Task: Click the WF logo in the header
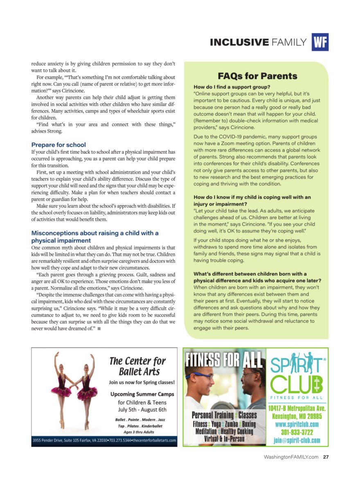320,42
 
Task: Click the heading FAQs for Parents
257,76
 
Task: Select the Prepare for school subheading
59,144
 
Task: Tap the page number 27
326,457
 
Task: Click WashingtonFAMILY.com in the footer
291,457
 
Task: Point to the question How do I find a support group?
232,87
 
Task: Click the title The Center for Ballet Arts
137,366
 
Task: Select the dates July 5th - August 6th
142,410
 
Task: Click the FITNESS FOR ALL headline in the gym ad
224,360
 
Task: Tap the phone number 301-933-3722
297,432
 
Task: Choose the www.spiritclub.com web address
297,424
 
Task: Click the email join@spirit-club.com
297,441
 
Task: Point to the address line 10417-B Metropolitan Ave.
297,408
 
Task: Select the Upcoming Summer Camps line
142,394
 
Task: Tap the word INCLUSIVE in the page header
239,42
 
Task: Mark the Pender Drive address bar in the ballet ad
104,441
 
